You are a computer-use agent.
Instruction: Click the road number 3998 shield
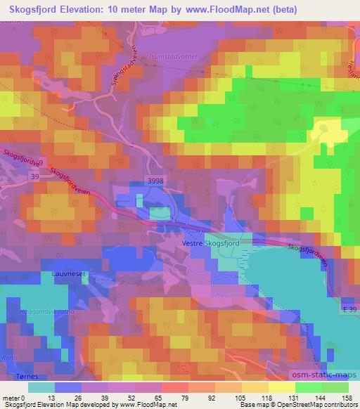click(x=157, y=180)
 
